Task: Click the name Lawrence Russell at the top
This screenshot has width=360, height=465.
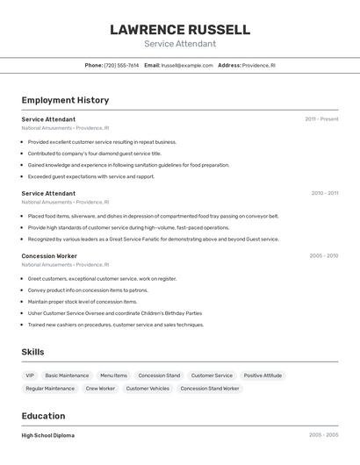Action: [x=180, y=30]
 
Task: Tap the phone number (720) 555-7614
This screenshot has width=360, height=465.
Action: [x=121, y=65]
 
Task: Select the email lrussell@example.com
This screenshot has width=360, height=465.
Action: [x=187, y=65]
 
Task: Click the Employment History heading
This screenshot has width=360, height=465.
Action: [x=65, y=100]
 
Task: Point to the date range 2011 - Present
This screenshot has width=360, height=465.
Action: [x=321, y=119]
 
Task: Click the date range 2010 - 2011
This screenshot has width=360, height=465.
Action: [x=324, y=193]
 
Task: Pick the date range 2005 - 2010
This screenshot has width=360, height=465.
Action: [x=323, y=256]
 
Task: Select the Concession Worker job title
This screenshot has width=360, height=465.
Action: [x=49, y=256]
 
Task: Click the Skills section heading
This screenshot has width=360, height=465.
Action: [x=32, y=352]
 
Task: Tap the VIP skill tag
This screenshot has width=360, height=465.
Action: [x=30, y=376]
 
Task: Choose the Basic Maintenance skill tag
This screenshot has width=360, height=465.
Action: [x=67, y=376]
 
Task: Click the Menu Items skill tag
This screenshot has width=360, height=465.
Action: [x=113, y=376]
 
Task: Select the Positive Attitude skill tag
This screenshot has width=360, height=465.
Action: [x=263, y=376]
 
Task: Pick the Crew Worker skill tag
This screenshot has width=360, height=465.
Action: [x=100, y=388]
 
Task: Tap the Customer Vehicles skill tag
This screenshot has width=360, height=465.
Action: [x=148, y=388]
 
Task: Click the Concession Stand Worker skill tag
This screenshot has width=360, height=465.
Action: [x=210, y=388]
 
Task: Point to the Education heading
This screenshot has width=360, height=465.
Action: [x=43, y=416]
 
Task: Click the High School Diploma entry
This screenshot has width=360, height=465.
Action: [x=47, y=435]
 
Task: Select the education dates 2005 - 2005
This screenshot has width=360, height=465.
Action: [x=323, y=435]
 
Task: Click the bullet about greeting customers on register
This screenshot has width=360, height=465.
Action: [x=102, y=279]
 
